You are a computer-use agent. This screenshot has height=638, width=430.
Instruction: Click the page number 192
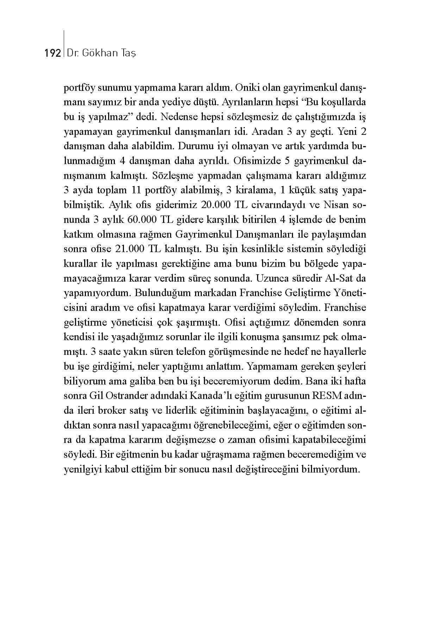pyautogui.click(x=52, y=53)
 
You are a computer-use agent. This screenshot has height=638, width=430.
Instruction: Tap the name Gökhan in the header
pyautogui.click(x=98, y=53)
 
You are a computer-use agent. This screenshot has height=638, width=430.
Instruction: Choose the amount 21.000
pyautogui.click(x=129, y=249)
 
